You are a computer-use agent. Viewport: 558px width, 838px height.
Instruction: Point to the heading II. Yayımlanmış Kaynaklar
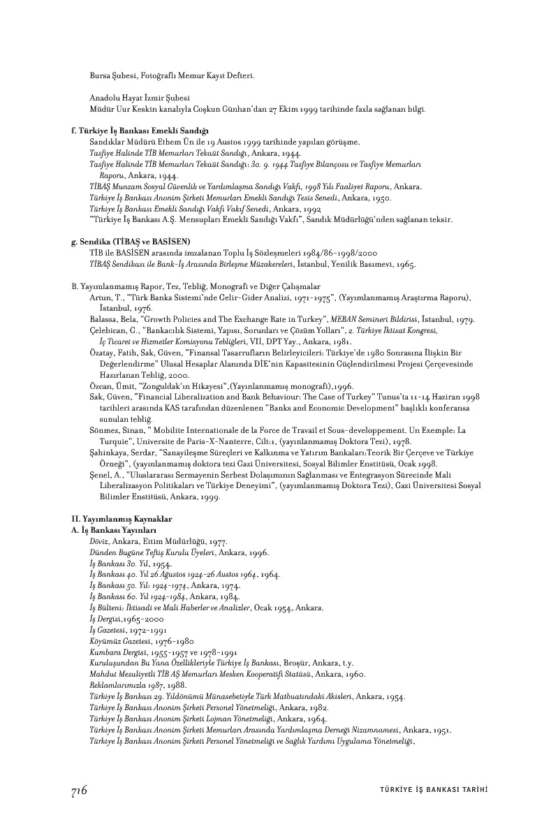pyautogui.click(x=112, y=519)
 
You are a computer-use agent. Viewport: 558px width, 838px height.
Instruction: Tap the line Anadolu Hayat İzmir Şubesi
pyautogui.click(x=140, y=98)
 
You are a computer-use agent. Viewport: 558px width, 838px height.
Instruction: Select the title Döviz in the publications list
pyautogui.click(x=100, y=542)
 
